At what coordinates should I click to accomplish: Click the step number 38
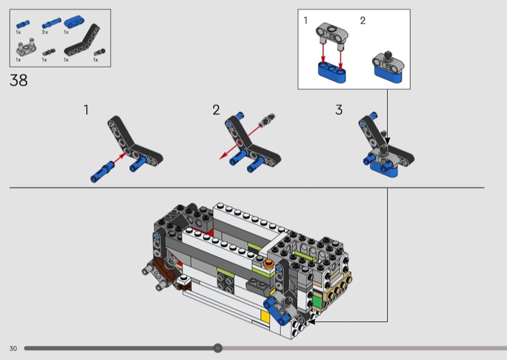[x=18, y=80]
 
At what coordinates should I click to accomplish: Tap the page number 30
[x=13, y=349]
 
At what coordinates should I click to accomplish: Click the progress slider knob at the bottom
[x=218, y=348]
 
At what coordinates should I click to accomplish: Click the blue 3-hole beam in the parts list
[x=74, y=22]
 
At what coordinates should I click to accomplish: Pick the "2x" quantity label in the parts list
[x=44, y=32]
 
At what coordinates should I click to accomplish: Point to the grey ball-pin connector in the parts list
[x=99, y=53]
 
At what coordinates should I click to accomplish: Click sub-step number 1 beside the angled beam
[x=86, y=110]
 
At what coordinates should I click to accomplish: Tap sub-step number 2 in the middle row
[x=216, y=110]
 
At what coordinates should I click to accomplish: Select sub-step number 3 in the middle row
[x=338, y=110]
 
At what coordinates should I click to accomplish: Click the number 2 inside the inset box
[x=363, y=21]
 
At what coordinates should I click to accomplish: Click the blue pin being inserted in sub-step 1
[x=102, y=172]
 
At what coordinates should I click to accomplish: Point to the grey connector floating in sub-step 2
[x=267, y=120]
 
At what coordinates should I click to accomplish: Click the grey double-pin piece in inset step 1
[x=332, y=35]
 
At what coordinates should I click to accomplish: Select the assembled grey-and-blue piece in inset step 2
[x=388, y=67]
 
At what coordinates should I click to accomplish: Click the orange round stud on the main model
[x=268, y=264]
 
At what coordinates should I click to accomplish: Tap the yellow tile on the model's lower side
[x=265, y=316]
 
